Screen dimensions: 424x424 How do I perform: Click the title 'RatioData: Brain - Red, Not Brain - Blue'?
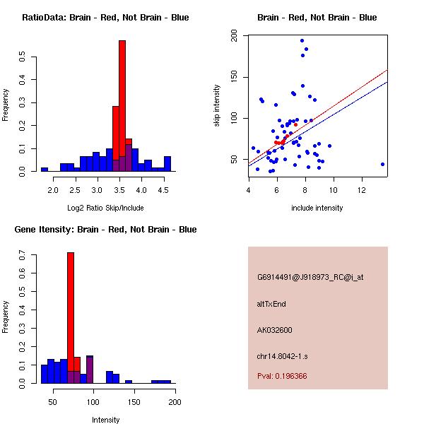[105, 18]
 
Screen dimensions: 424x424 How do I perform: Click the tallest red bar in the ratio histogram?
[122, 106]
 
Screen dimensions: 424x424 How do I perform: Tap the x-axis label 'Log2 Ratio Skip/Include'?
[105, 208]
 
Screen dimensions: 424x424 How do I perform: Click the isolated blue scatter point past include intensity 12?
[382, 164]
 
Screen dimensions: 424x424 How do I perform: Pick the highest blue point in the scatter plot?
[302, 41]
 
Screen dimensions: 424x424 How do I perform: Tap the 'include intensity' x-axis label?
[317, 208]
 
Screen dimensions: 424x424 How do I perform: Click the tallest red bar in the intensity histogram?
[71, 318]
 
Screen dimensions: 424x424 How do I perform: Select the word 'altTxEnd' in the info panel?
[271, 304]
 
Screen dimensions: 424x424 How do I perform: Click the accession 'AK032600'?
[275, 330]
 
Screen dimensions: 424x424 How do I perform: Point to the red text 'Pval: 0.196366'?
[282, 376]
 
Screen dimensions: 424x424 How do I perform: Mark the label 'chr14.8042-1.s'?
[281, 355]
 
